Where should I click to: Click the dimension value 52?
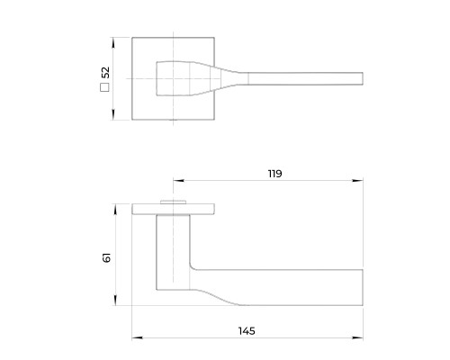[x=105, y=72]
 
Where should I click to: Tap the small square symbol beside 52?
[x=104, y=87]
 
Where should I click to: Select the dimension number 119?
[x=274, y=174]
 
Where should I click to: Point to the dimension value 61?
[x=106, y=257]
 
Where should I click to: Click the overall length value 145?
[x=247, y=331]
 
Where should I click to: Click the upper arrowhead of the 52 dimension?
[x=112, y=42]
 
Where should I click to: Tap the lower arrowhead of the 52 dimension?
[x=113, y=114]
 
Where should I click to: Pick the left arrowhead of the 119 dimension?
[x=178, y=181]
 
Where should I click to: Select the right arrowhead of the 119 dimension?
[x=357, y=181]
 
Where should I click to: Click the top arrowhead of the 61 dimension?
[x=116, y=210]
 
